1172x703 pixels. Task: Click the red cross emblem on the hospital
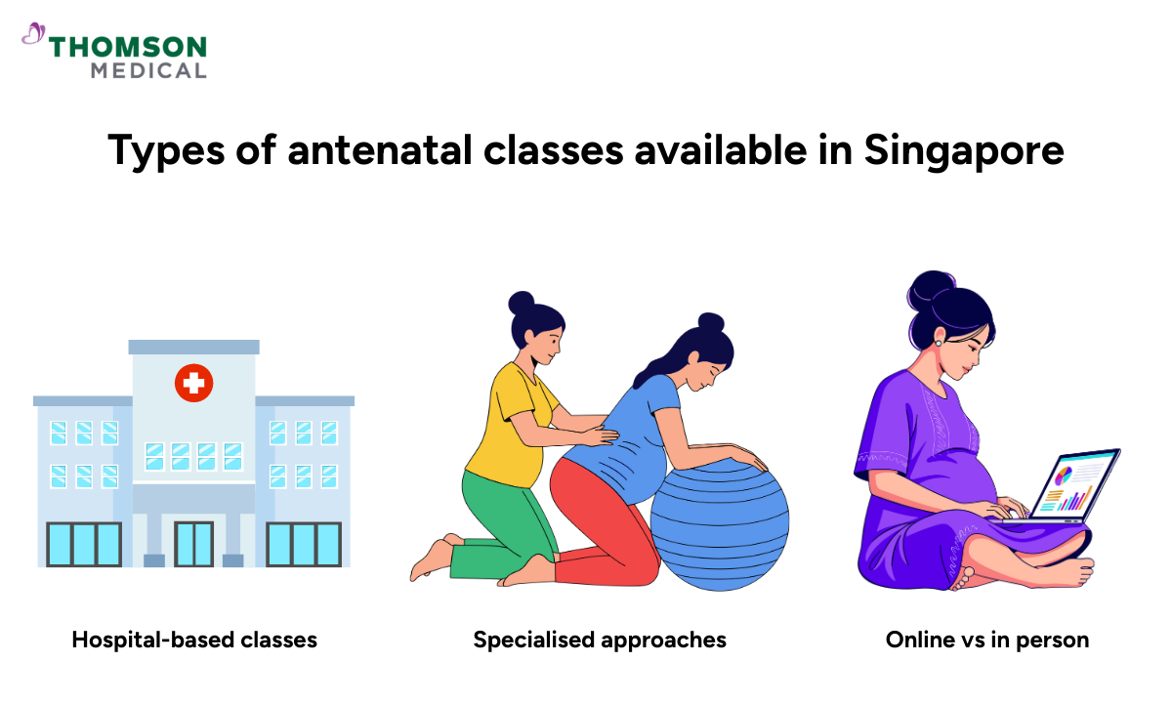click(x=193, y=383)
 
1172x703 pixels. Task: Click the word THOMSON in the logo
click(x=128, y=46)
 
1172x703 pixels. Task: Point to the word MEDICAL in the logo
click(x=148, y=70)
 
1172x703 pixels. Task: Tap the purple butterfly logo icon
click(x=33, y=36)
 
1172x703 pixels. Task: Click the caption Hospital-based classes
click(x=194, y=641)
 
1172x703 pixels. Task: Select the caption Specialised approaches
click(x=600, y=641)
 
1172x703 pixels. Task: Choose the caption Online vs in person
click(x=987, y=641)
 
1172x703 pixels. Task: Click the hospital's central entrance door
click(x=193, y=544)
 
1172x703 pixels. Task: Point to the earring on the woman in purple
click(x=939, y=342)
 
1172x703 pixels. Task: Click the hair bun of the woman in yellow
click(x=522, y=302)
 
